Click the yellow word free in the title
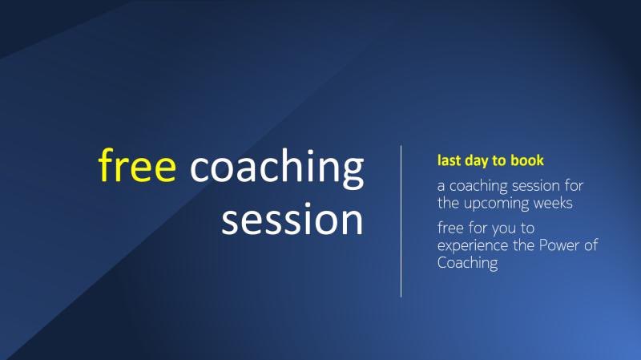[137, 166]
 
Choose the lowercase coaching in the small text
[476, 187]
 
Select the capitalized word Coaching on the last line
[468, 262]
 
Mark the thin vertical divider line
[401, 221]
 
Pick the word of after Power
[591, 245]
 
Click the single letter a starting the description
[441, 187]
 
